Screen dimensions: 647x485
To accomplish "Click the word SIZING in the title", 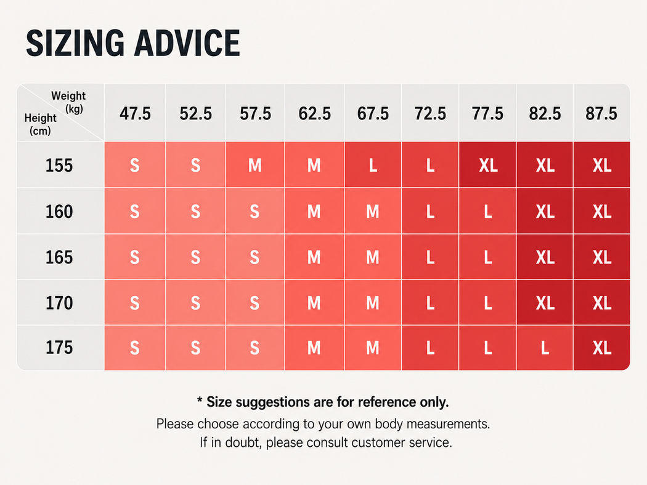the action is pyautogui.click(x=75, y=43).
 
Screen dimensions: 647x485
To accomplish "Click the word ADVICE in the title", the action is pyautogui.click(x=187, y=43).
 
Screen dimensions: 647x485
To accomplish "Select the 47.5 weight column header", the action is pyautogui.click(x=135, y=114).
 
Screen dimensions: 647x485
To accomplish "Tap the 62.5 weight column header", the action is pyautogui.click(x=314, y=114).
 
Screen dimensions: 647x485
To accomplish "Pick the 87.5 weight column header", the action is pyautogui.click(x=601, y=114).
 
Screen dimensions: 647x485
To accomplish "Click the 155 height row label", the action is pyautogui.click(x=59, y=166).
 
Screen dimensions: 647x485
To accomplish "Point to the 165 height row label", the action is pyautogui.click(x=59, y=257).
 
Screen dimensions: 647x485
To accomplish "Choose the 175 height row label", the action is pyautogui.click(x=59, y=348).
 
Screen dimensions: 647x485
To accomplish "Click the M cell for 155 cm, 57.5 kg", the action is pyautogui.click(x=255, y=166).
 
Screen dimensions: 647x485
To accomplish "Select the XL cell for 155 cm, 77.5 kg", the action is pyautogui.click(x=488, y=166).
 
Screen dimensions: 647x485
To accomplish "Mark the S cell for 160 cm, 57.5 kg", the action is pyautogui.click(x=254, y=212).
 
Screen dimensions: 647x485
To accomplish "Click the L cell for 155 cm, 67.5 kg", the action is pyautogui.click(x=373, y=166).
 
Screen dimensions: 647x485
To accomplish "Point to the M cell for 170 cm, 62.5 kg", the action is pyautogui.click(x=314, y=303).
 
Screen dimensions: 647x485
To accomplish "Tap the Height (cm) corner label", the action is pyautogui.click(x=40, y=124).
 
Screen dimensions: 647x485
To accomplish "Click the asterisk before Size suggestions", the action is pyautogui.click(x=200, y=400).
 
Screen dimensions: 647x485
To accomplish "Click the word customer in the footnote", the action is pyautogui.click(x=378, y=443).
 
